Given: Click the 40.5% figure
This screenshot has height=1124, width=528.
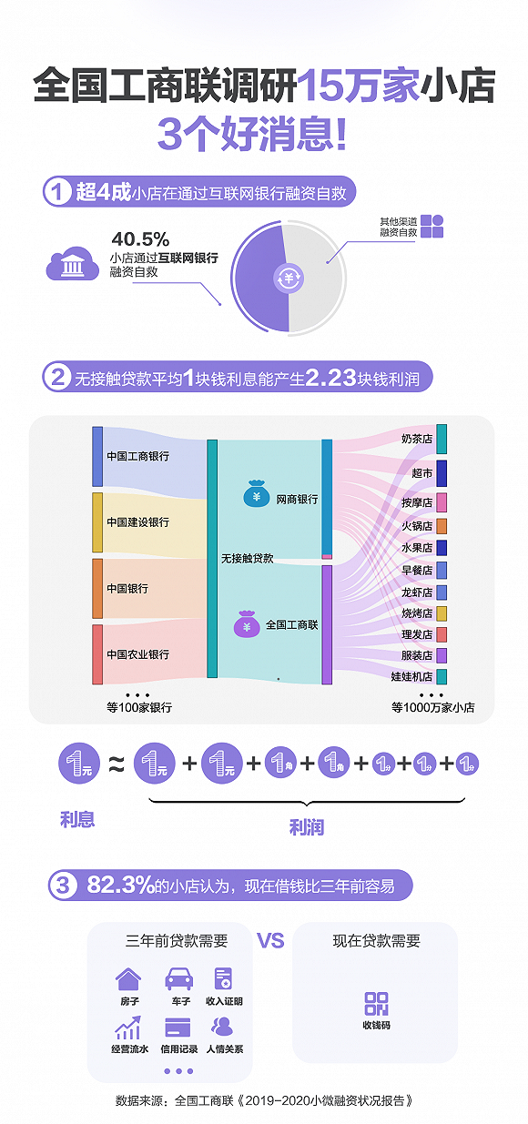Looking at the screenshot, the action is [140, 238].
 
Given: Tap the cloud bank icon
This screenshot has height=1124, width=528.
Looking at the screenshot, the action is [72, 263].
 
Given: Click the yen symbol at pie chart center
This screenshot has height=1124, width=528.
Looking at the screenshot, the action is [289, 278].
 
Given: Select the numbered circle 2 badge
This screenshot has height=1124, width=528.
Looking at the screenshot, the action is [57, 377].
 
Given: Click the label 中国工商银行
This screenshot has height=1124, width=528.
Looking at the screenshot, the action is [138, 456].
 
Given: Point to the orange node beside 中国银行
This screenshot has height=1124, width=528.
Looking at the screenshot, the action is [97, 589].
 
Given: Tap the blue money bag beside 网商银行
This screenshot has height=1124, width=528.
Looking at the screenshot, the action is [257, 494].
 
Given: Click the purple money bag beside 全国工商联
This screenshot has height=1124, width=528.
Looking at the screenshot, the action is [247, 624].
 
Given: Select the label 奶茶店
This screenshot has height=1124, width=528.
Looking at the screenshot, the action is [417, 439].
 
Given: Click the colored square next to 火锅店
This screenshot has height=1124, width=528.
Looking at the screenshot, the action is [442, 526].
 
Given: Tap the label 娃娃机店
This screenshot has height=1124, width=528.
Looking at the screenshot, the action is [412, 676].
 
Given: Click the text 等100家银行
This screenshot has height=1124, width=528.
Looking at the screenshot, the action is [139, 707].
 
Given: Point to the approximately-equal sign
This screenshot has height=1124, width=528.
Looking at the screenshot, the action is [117, 765].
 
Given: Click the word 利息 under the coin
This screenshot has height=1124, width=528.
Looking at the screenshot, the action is [77, 819].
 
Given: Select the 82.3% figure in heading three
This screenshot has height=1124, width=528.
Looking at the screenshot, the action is [120, 885].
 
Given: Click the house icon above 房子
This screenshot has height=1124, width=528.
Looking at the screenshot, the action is [128, 978].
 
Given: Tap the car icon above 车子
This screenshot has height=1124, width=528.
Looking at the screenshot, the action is [179, 978].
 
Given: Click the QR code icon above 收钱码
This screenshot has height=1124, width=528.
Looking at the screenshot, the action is [376, 1004].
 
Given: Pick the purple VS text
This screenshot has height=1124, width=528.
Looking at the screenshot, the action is [270, 940].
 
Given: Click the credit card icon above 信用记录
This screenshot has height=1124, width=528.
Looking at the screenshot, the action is [178, 1028].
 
